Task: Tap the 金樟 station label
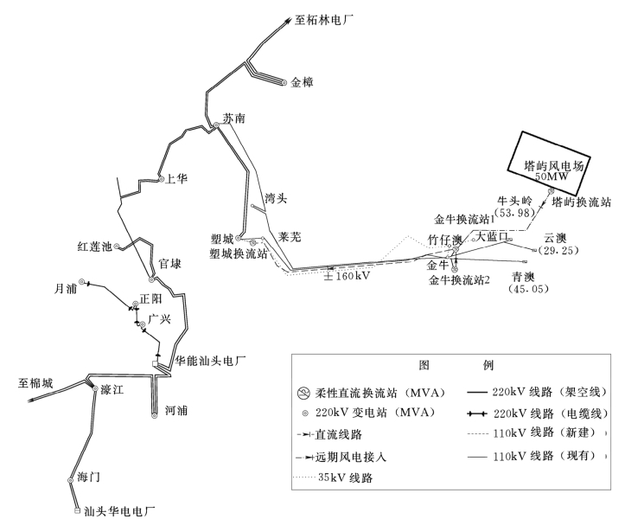[303, 82]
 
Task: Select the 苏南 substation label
[234, 119]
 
